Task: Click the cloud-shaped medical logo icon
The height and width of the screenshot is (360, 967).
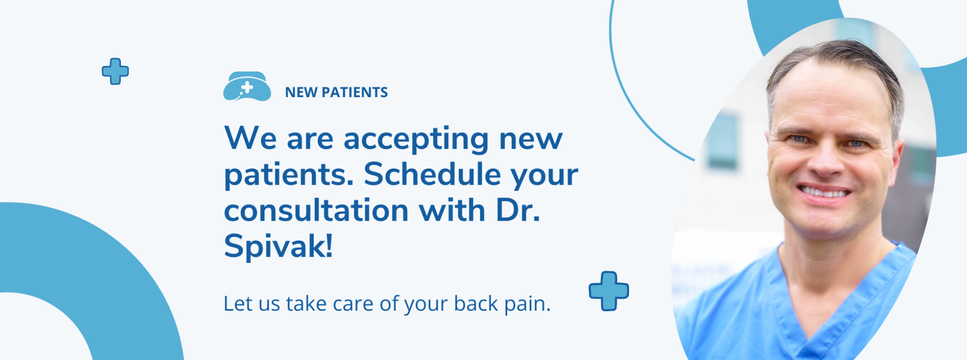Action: tap(247, 87)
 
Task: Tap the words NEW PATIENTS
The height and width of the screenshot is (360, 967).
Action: tap(336, 93)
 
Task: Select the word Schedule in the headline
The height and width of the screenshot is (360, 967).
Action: tap(432, 174)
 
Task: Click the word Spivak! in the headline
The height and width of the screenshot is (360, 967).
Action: tap(279, 246)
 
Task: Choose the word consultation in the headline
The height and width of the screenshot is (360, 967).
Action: tap(316, 210)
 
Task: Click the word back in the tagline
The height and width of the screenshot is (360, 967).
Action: tap(476, 303)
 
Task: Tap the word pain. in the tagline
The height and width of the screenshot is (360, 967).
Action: tap(528, 304)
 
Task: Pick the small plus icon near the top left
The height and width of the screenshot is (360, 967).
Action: tap(115, 71)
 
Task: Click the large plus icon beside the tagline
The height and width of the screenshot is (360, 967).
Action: tap(609, 291)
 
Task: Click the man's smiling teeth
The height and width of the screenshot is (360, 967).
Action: tap(824, 192)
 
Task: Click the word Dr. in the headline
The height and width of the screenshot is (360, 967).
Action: tap(518, 210)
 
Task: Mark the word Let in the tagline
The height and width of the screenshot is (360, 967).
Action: tap(238, 304)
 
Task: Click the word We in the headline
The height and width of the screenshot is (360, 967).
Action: tap(251, 138)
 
